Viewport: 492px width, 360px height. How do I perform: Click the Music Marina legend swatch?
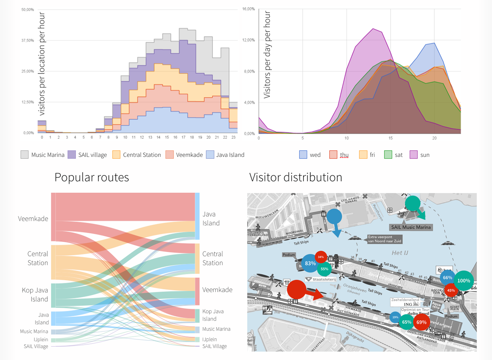tap(25, 155)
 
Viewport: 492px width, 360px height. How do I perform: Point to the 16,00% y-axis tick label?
tap(248, 9)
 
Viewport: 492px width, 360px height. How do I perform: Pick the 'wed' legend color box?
tap(303, 155)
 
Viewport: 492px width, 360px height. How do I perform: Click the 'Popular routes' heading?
tap(92, 177)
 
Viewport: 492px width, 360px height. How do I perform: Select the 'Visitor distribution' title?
tap(296, 177)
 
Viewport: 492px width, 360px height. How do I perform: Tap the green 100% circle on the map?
tap(464, 281)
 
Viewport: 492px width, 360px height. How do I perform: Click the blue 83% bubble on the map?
tap(310, 263)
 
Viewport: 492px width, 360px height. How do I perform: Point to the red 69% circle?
tap(421, 322)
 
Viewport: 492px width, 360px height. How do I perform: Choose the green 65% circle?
tap(406, 322)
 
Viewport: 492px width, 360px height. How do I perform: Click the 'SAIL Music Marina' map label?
tap(411, 227)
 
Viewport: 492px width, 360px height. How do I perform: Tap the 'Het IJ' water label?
tap(400, 253)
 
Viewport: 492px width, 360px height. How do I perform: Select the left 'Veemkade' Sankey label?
tap(33, 219)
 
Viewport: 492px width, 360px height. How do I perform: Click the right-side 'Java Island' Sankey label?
tap(211, 219)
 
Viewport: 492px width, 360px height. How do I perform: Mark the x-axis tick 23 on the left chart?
tap(233, 138)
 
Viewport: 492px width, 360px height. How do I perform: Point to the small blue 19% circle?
tap(395, 317)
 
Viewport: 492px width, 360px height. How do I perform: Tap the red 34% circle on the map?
tap(320, 257)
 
